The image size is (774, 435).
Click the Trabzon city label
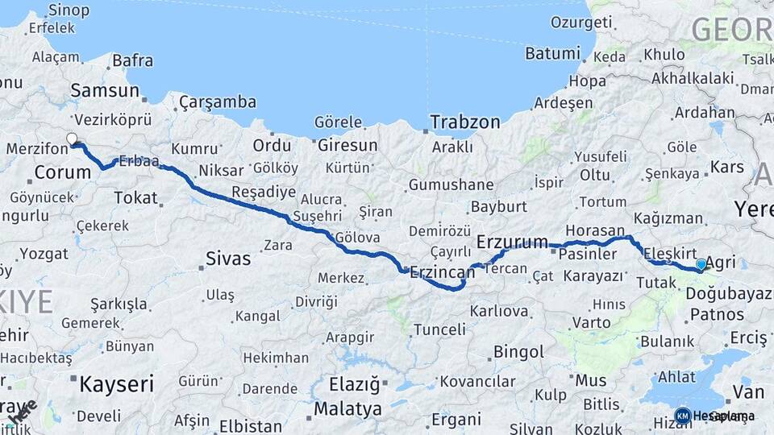pos(465,122)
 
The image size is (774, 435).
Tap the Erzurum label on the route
pos(512,242)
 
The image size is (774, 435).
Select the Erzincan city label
pos(440,272)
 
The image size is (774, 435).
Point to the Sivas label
pos(228,259)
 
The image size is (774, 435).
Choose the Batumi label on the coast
pos(552,53)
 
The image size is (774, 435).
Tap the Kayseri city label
pos(116,384)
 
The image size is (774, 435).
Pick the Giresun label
pos(347,146)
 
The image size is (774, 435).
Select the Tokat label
pos(135,197)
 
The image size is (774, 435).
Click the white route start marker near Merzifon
pos(73,139)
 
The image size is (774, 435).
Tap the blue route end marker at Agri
pos(701,264)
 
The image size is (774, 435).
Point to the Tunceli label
pos(439,329)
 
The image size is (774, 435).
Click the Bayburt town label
pos(498,206)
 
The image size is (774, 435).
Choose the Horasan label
pos(595,230)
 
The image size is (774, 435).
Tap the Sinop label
pos(69,10)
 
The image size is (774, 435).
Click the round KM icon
pos(683,416)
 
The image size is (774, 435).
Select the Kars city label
pos(726,168)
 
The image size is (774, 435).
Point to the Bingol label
pos(518,352)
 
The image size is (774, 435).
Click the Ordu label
pos(272,146)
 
